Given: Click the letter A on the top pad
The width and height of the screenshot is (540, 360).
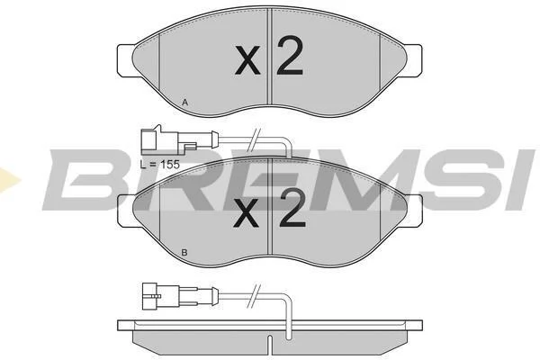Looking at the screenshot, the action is coord(184,103).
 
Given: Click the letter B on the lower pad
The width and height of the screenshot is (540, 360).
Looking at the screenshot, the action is coord(184,253).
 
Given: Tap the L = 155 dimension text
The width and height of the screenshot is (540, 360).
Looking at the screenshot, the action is coord(160,165).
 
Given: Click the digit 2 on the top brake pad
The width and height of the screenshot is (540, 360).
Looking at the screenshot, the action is coord(290,56).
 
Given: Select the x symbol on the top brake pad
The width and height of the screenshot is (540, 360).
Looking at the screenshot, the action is coord(247,60).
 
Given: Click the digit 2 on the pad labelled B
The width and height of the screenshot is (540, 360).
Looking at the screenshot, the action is coord(292,208).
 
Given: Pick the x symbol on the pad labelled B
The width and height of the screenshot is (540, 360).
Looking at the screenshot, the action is coord(246,214).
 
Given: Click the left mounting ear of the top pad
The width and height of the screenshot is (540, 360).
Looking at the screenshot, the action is coord(126,60).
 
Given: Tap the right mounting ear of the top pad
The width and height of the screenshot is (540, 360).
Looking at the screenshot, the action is coord(414,60).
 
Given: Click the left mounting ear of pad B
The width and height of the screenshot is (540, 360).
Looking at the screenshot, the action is coord(126,211).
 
